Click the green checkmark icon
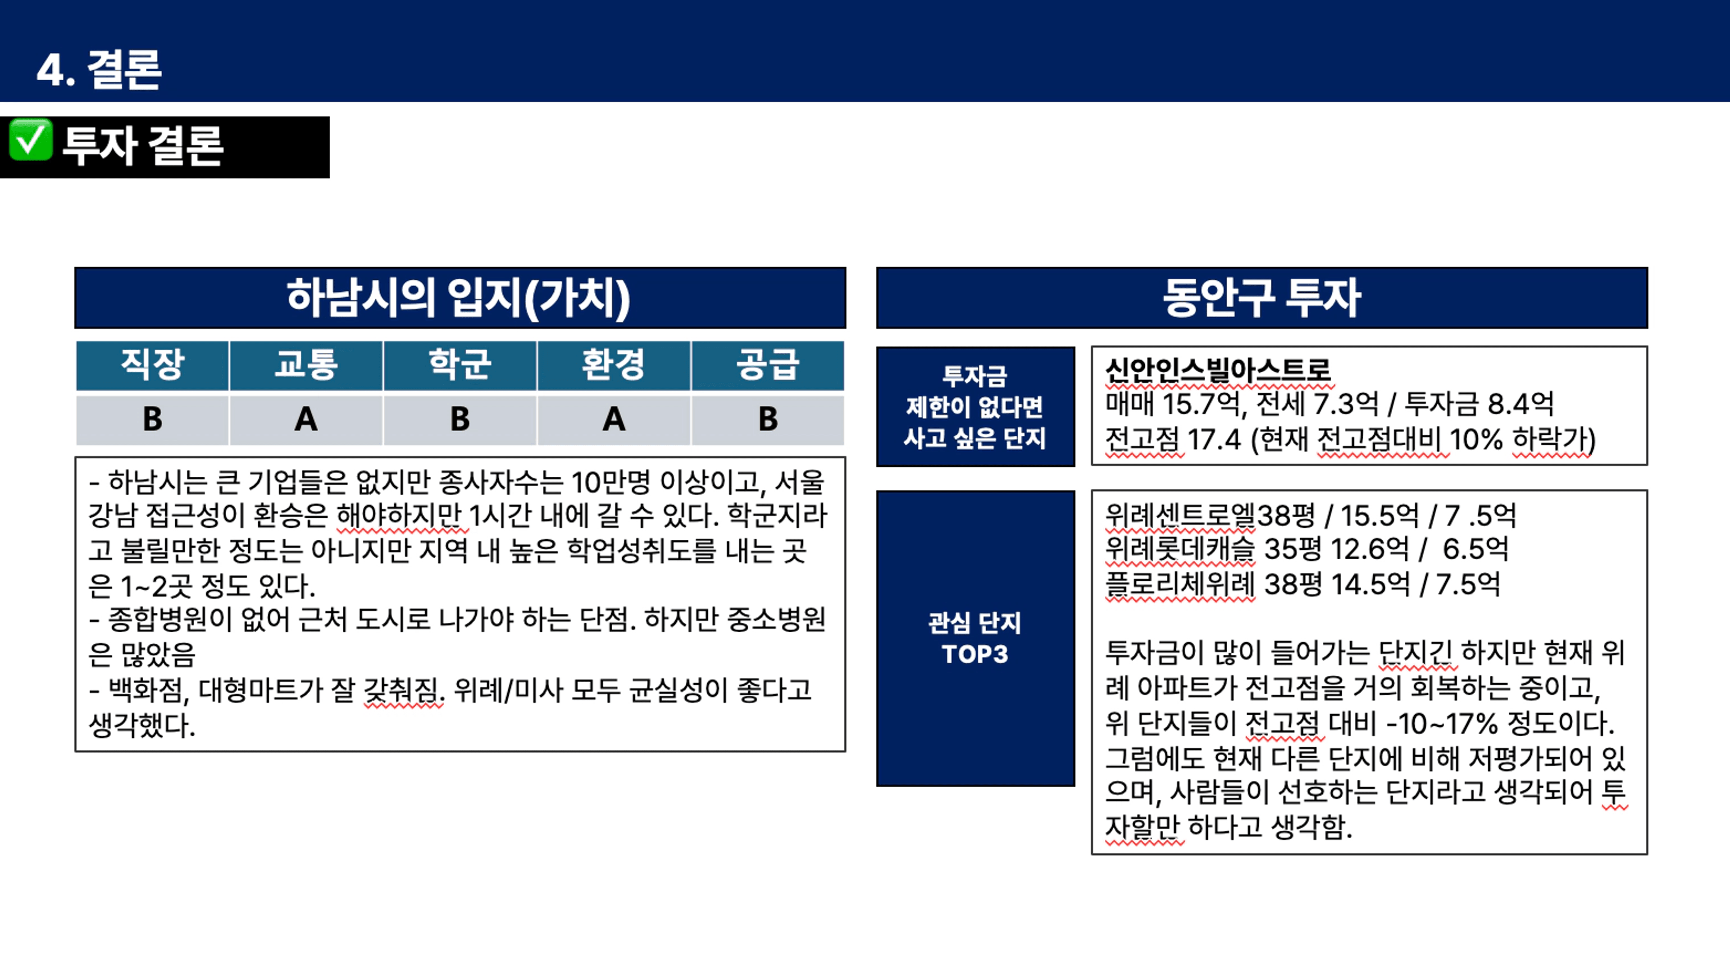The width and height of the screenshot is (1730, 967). click(x=30, y=140)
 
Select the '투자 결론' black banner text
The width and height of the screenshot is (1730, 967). click(x=142, y=146)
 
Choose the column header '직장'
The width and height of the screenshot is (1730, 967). click(x=152, y=365)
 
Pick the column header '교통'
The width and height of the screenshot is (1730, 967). click(x=306, y=365)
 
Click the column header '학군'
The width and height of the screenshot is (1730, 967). click(x=460, y=365)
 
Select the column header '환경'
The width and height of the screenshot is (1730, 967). click(x=614, y=365)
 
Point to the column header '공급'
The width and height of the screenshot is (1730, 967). click(x=768, y=365)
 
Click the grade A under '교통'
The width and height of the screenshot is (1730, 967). click(x=306, y=419)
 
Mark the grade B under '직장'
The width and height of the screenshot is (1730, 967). click(x=152, y=419)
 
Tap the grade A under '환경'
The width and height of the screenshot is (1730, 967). click(x=614, y=419)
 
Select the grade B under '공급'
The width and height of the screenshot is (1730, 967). click(x=768, y=419)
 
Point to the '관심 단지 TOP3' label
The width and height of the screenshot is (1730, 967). click(x=975, y=638)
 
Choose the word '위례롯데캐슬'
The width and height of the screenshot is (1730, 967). click(x=1180, y=549)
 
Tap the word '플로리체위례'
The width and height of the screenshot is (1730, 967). click(x=1180, y=584)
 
